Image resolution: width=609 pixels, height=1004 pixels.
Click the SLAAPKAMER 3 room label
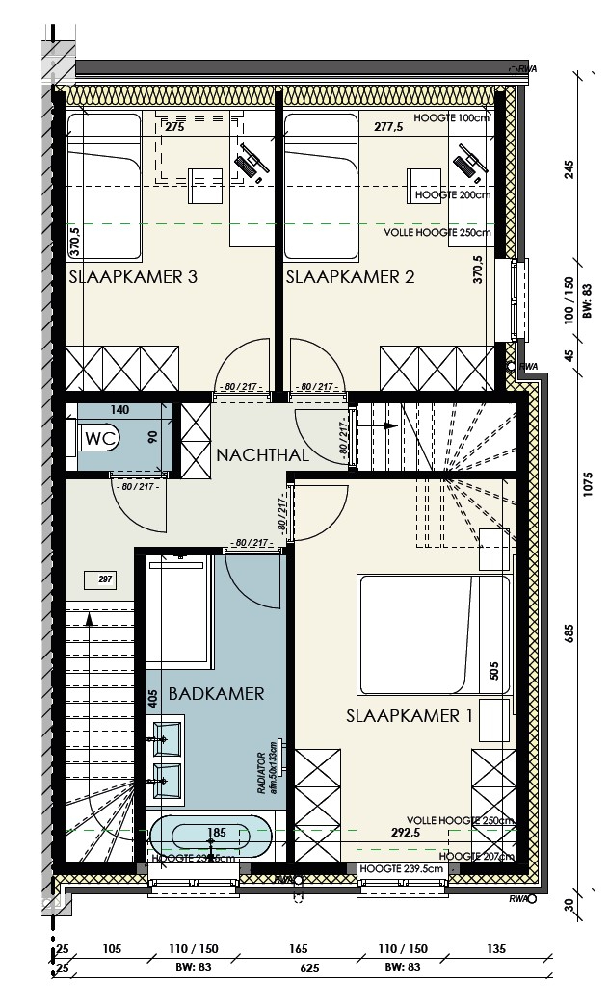[133, 278]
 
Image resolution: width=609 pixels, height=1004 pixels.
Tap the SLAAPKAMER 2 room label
[350, 278]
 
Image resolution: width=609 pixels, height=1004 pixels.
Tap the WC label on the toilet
[100, 438]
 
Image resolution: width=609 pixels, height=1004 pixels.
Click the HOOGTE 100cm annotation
[452, 118]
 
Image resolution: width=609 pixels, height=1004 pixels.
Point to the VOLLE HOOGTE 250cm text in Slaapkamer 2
[437, 233]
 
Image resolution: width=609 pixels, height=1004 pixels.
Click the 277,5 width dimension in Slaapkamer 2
[388, 127]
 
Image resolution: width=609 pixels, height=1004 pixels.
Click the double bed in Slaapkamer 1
[434, 633]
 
